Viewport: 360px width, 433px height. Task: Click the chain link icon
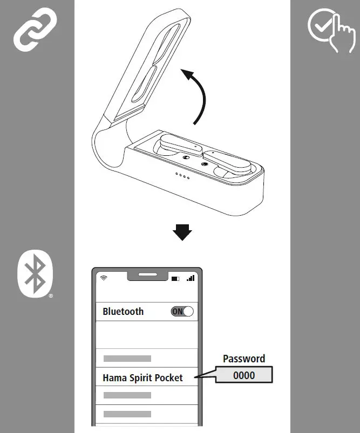coord(36,30)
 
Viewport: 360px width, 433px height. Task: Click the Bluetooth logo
coord(36,274)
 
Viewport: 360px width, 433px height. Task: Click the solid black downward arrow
coord(182,232)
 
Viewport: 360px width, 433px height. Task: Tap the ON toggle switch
coord(182,311)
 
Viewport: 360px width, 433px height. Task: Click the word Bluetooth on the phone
coord(123,312)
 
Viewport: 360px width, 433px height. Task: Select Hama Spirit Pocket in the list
coord(142,377)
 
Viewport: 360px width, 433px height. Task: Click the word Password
coord(244,359)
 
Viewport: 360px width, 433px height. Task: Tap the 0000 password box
coord(244,375)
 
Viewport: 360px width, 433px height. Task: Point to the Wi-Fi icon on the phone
coord(104,278)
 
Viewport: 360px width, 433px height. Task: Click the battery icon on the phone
coord(175,279)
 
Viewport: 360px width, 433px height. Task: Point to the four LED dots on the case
coord(182,175)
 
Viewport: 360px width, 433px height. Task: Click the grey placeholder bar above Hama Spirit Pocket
coord(127,358)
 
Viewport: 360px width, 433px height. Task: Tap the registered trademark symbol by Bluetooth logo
coord(51,296)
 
